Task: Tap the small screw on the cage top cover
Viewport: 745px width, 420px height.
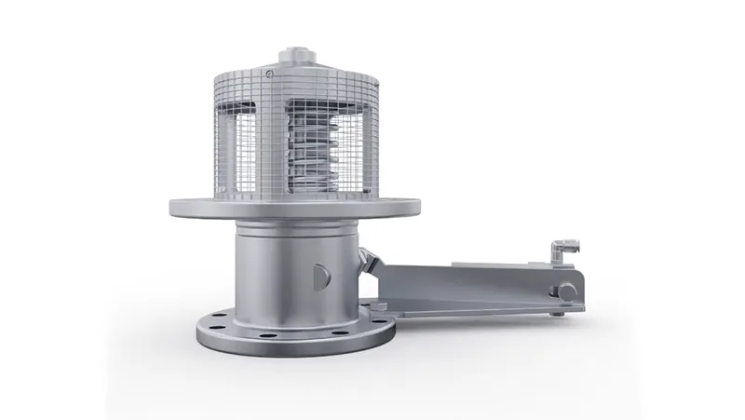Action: click(x=270, y=74)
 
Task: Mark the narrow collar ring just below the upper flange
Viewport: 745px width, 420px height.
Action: click(x=296, y=228)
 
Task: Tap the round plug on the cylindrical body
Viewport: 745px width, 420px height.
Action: click(x=320, y=275)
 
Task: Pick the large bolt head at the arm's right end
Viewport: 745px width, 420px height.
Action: click(x=565, y=292)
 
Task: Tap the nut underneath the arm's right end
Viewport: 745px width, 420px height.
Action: click(x=556, y=314)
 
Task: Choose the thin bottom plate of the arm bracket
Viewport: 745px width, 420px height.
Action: click(x=466, y=310)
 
